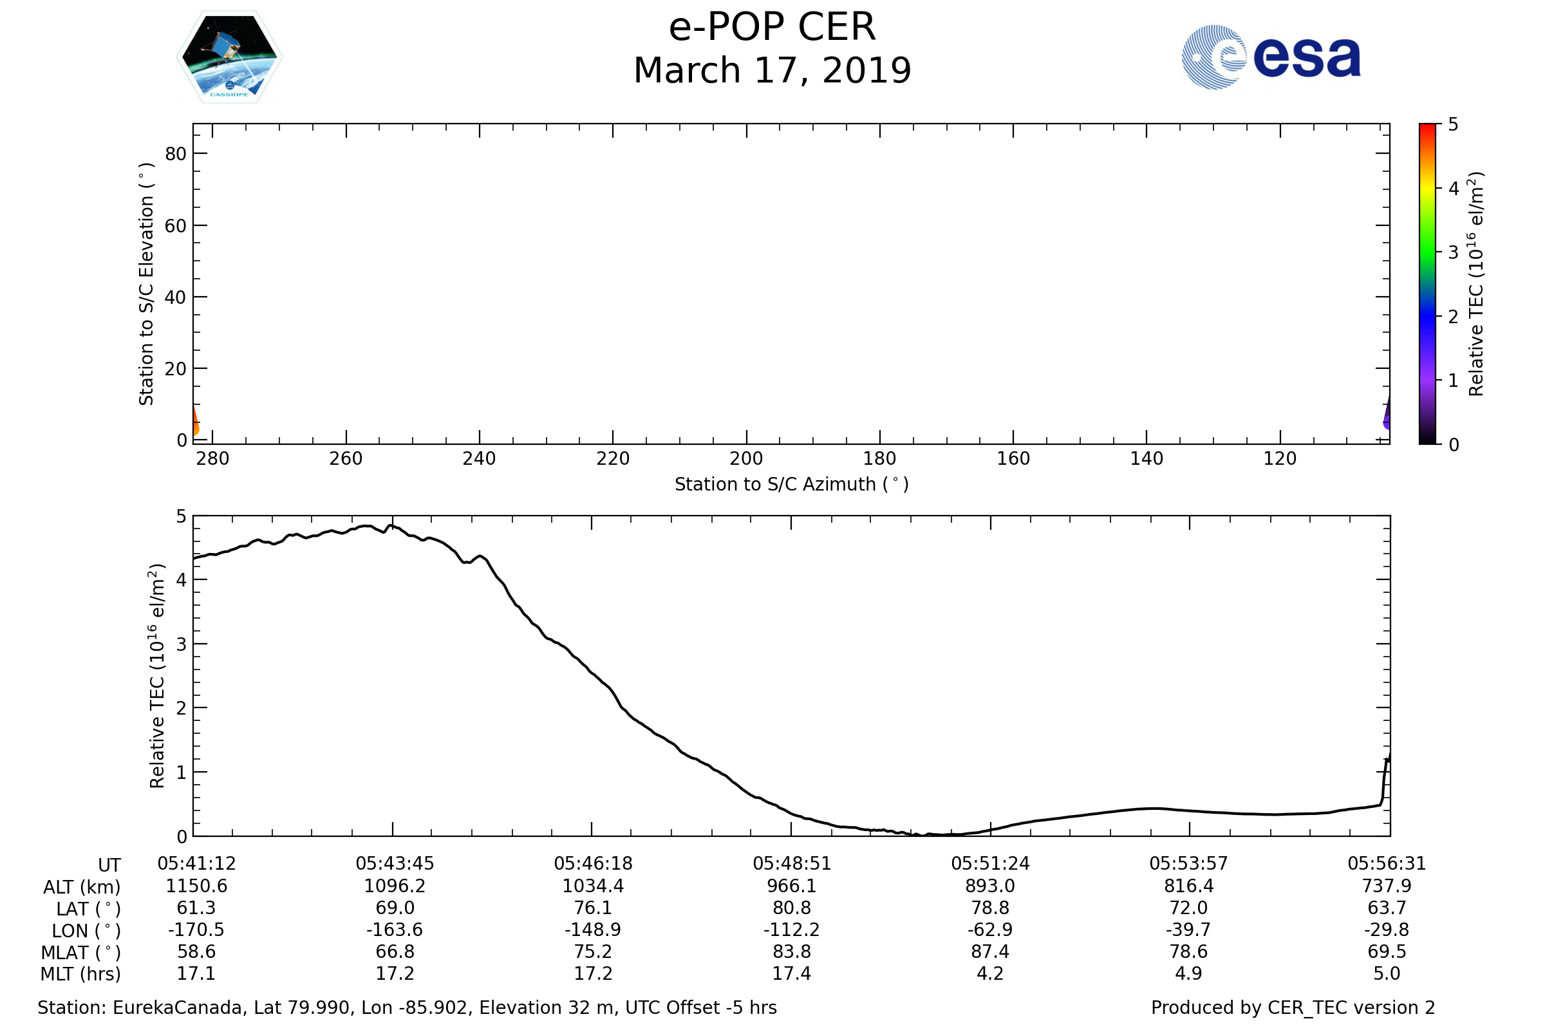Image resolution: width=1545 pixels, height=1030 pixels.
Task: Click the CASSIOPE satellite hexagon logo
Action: click(230, 57)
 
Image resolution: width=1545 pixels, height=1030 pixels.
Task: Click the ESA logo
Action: click(1271, 57)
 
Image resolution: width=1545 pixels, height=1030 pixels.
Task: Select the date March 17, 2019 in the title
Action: click(772, 71)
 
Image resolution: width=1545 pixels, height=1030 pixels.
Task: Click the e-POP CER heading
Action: click(772, 28)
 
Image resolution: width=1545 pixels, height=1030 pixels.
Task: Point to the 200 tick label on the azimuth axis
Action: click(746, 458)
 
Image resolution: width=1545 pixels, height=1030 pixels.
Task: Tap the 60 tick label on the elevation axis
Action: click(175, 226)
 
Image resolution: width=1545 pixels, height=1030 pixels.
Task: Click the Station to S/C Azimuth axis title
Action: click(792, 485)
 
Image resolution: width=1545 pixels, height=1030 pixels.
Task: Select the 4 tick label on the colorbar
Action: click(1454, 189)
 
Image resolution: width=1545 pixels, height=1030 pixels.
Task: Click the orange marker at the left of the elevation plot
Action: click(195, 423)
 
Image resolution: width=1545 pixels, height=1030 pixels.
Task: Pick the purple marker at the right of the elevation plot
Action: click(1387, 415)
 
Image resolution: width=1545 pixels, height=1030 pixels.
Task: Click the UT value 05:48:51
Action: click(792, 864)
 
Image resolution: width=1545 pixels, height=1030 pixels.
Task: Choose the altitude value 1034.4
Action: click(593, 886)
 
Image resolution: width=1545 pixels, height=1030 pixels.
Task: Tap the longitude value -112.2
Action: click(792, 930)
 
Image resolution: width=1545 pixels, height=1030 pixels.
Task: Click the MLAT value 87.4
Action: click(990, 952)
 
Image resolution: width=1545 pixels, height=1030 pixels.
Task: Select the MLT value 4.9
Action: click(1189, 973)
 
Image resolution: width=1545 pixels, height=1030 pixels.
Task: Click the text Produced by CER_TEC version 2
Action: click(1293, 1008)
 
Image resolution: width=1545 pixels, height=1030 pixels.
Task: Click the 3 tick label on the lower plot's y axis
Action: click(182, 644)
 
